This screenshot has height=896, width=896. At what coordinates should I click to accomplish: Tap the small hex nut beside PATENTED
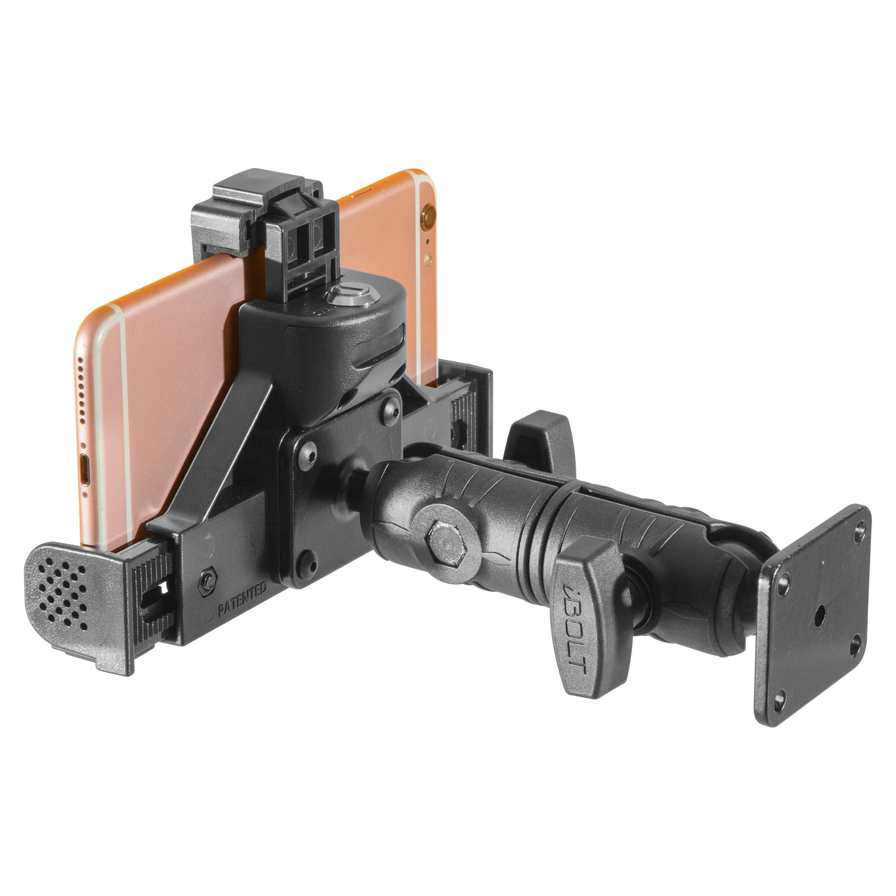[x=207, y=579]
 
